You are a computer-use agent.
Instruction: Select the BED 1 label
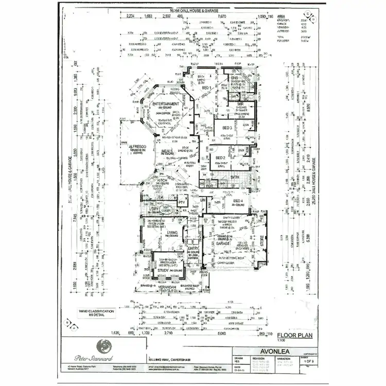click(208, 89)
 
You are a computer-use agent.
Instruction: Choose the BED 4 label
click(238, 201)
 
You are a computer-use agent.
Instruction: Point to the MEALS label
click(167, 151)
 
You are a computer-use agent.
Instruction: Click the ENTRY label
click(194, 248)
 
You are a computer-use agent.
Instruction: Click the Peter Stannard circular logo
click(104, 346)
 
